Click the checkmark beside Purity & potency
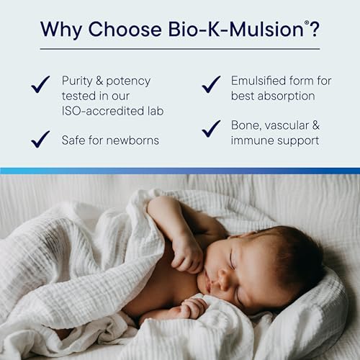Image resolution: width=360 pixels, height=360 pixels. click(40, 85)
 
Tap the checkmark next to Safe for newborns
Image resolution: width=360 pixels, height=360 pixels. click(40, 138)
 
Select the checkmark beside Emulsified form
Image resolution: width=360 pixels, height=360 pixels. click(211, 84)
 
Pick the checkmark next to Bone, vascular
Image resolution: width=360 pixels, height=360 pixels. click(211, 128)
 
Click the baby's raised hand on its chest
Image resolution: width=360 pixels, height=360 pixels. click(185, 252)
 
